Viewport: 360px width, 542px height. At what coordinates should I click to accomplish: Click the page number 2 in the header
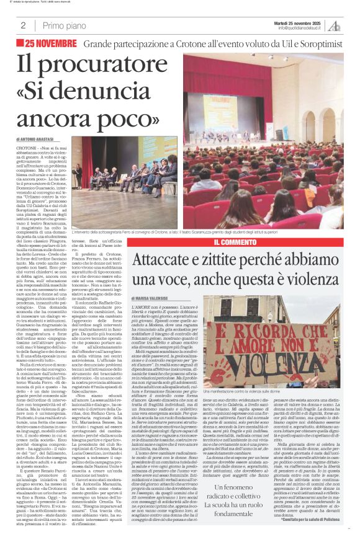pos(23,25)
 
